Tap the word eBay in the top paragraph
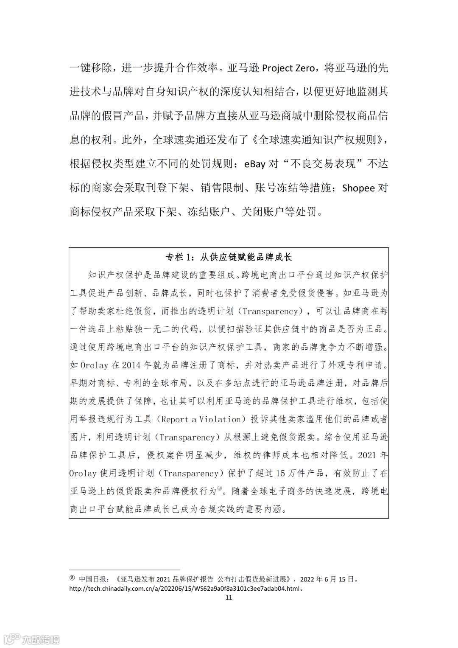[x=255, y=164]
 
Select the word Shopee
[x=358, y=188]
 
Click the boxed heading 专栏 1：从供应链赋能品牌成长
[x=229, y=257]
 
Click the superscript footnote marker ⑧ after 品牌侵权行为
[x=220, y=489]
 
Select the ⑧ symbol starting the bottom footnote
[x=72, y=579]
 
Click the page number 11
[x=229, y=598]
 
